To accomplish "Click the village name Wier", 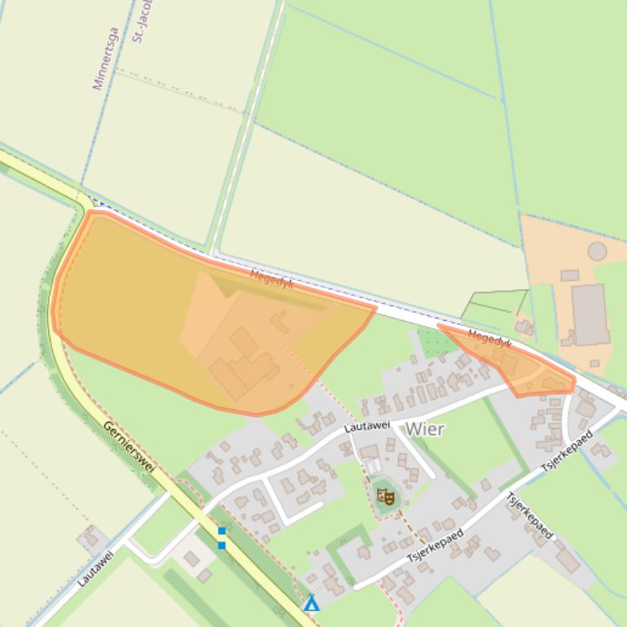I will [424, 429].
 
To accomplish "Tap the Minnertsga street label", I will [106, 59].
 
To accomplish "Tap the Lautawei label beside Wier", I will [366, 426].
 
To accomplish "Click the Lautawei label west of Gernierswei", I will [95, 568].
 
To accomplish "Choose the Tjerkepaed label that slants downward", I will [529, 515].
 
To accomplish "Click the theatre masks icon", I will [386, 495].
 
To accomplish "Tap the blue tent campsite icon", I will [311, 603].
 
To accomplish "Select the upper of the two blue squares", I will [221, 532].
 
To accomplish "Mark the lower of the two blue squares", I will [221, 545].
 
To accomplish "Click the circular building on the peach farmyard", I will [597, 251].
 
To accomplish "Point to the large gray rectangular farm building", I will [590, 313].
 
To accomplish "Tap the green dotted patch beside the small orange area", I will [437, 342].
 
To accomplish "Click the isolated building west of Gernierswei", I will [91, 537].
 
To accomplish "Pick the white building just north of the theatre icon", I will [373, 467].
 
